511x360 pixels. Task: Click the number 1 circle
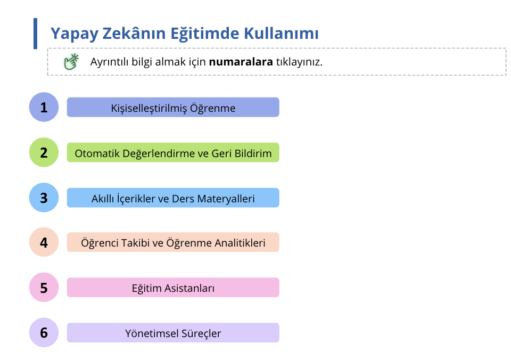coord(44,107)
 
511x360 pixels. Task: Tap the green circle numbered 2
coord(44,152)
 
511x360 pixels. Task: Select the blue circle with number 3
coord(44,198)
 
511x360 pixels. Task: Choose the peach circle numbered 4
coord(44,242)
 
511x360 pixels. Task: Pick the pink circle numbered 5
coord(44,288)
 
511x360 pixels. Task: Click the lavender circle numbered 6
coord(44,333)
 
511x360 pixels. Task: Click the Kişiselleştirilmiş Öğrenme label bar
coord(173,108)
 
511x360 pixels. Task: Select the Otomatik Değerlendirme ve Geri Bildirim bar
coord(173,153)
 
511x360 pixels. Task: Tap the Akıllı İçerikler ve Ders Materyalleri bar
coord(173,198)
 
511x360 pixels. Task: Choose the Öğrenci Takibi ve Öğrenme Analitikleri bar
coord(173,243)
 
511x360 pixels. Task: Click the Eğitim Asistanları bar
coord(173,288)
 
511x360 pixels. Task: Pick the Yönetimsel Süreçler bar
coord(173,333)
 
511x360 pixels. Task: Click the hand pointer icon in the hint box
coord(71,62)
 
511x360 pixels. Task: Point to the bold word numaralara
coord(241,62)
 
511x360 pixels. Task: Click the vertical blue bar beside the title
coord(36,34)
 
